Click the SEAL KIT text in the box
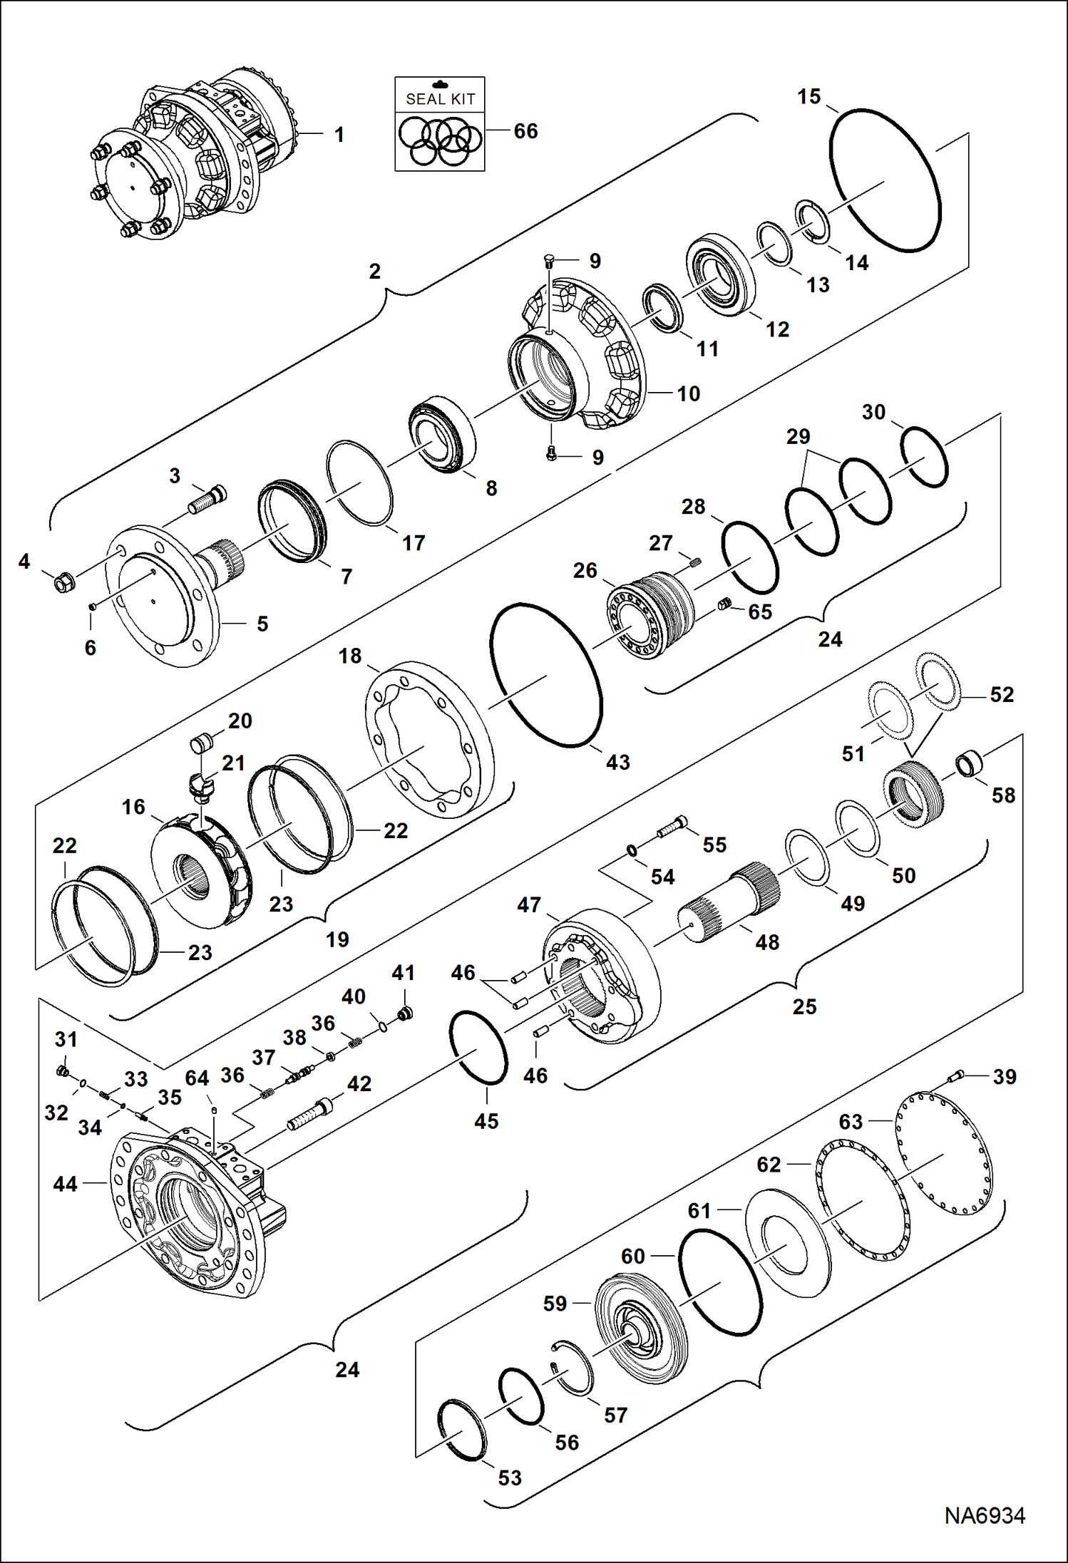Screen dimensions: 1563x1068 coord(440,99)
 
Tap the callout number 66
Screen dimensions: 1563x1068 coord(525,131)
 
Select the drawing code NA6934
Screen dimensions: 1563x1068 coord(985,1515)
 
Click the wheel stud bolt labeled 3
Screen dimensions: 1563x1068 coord(207,500)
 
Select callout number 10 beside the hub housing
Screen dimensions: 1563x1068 coord(688,393)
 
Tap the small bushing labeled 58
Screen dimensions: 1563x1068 coord(969,765)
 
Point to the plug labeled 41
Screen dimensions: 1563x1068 coord(406,1013)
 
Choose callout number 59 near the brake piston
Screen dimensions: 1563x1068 coord(555,1303)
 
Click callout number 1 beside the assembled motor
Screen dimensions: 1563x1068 coord(339,134)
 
